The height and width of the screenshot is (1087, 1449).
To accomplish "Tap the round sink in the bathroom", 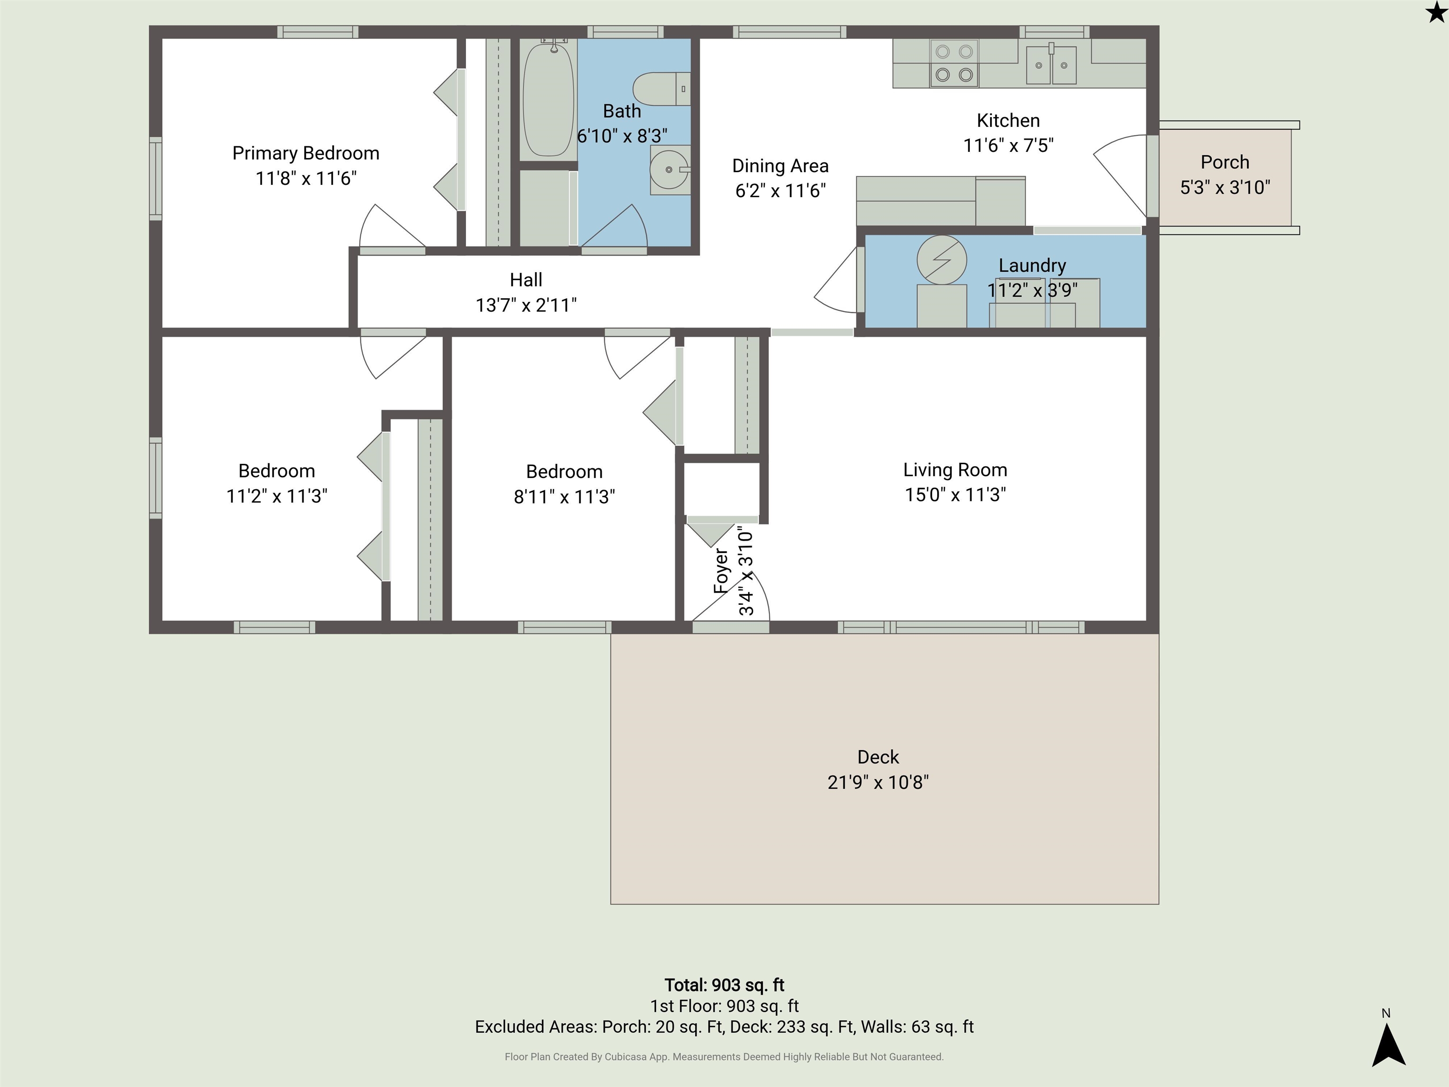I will click(669, 170).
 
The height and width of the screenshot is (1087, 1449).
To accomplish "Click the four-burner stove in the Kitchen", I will click(954, 64).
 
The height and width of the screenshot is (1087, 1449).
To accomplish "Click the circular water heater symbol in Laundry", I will click(941, 260).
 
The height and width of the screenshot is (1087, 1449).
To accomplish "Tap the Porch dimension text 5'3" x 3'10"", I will click(1224, 187).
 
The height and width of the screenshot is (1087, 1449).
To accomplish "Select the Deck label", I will click(877, 757).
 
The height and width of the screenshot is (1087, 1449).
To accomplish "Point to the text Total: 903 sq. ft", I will click(724, 985).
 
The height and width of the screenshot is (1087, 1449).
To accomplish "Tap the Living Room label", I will click(954, 470).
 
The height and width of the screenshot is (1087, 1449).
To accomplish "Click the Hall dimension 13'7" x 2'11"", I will click(525, 305).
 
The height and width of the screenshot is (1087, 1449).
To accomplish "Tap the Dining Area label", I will click(780, 166).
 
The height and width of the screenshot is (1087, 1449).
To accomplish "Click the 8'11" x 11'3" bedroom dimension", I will click(564, 497).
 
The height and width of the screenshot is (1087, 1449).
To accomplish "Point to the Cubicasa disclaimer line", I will click(724, 1057).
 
